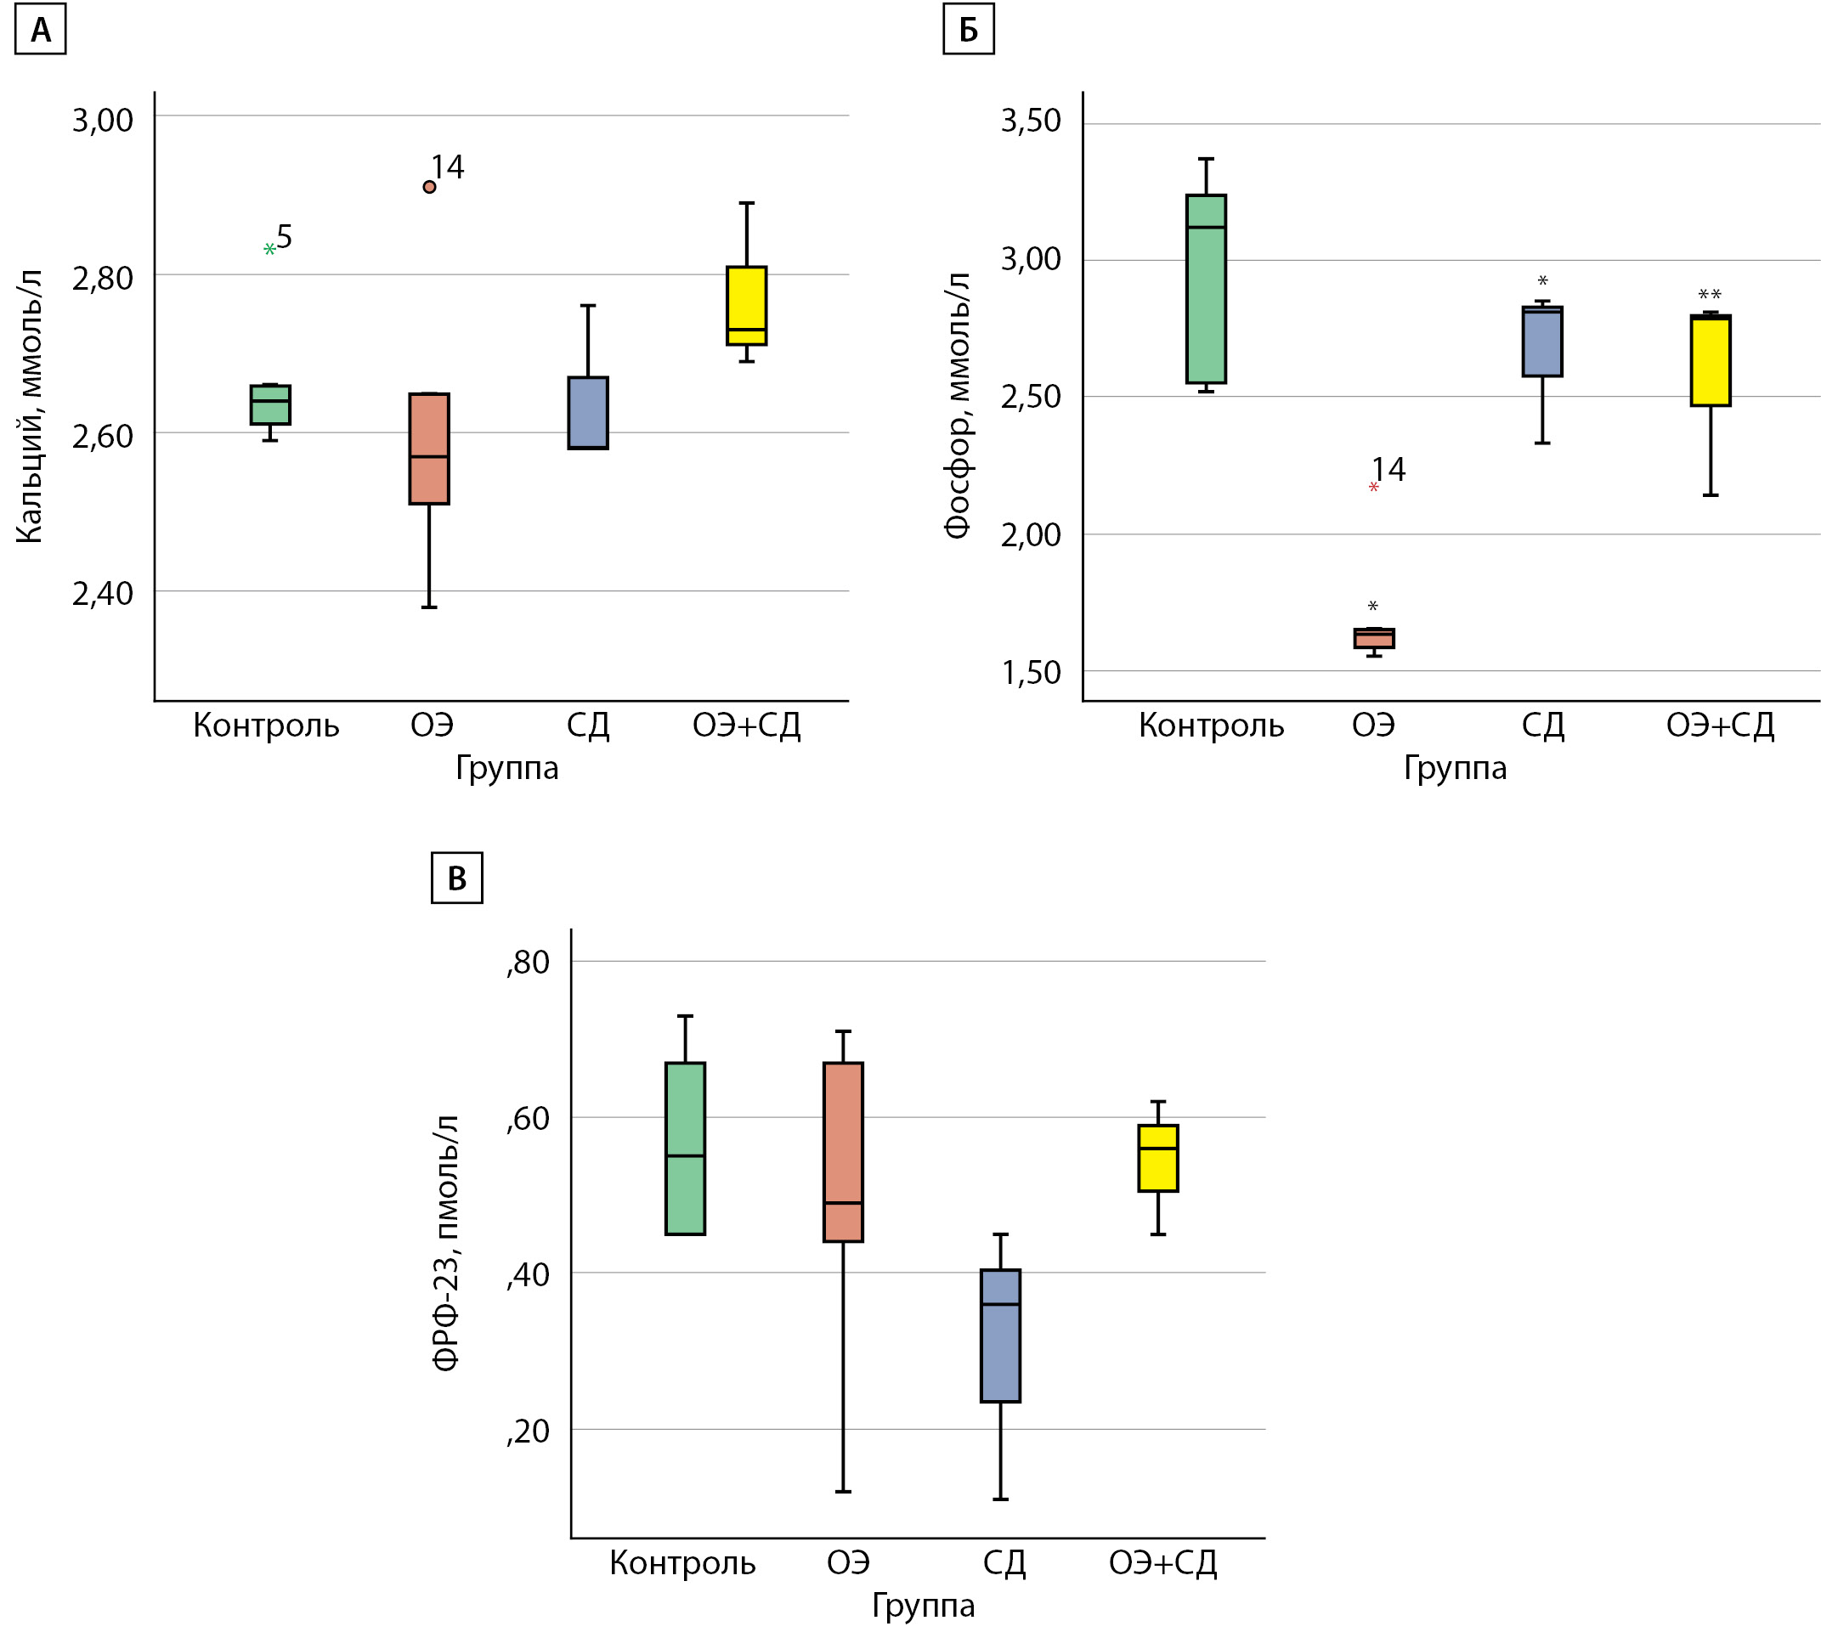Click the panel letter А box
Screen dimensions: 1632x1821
(41, 31)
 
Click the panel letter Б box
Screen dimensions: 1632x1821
(967, 31)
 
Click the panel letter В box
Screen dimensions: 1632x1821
(456, 877)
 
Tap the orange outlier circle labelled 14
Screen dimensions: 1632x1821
(430, 187)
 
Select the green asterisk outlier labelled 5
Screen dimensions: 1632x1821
(269, 248)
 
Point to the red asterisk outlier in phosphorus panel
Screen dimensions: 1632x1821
(1373, 488)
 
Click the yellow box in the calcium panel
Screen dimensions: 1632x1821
(746, 305)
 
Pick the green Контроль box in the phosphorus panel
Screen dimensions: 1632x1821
(1206, 289)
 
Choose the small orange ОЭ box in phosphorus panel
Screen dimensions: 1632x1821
(1373, 637)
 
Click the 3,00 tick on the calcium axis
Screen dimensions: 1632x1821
(102, 120)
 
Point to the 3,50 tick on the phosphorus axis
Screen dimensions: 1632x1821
(1031, 120)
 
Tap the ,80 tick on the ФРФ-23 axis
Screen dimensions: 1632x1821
(529, 963)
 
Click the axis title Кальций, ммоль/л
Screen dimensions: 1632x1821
(30, 405)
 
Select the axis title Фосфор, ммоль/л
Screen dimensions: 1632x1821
(957, 404)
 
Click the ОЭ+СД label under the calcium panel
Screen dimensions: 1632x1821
(746, 725)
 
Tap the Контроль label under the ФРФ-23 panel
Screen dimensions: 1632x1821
(682, 1562)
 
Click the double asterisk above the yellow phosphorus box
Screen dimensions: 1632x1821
(1710, 294)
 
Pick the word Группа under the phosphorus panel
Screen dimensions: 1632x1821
(1455, 768)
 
